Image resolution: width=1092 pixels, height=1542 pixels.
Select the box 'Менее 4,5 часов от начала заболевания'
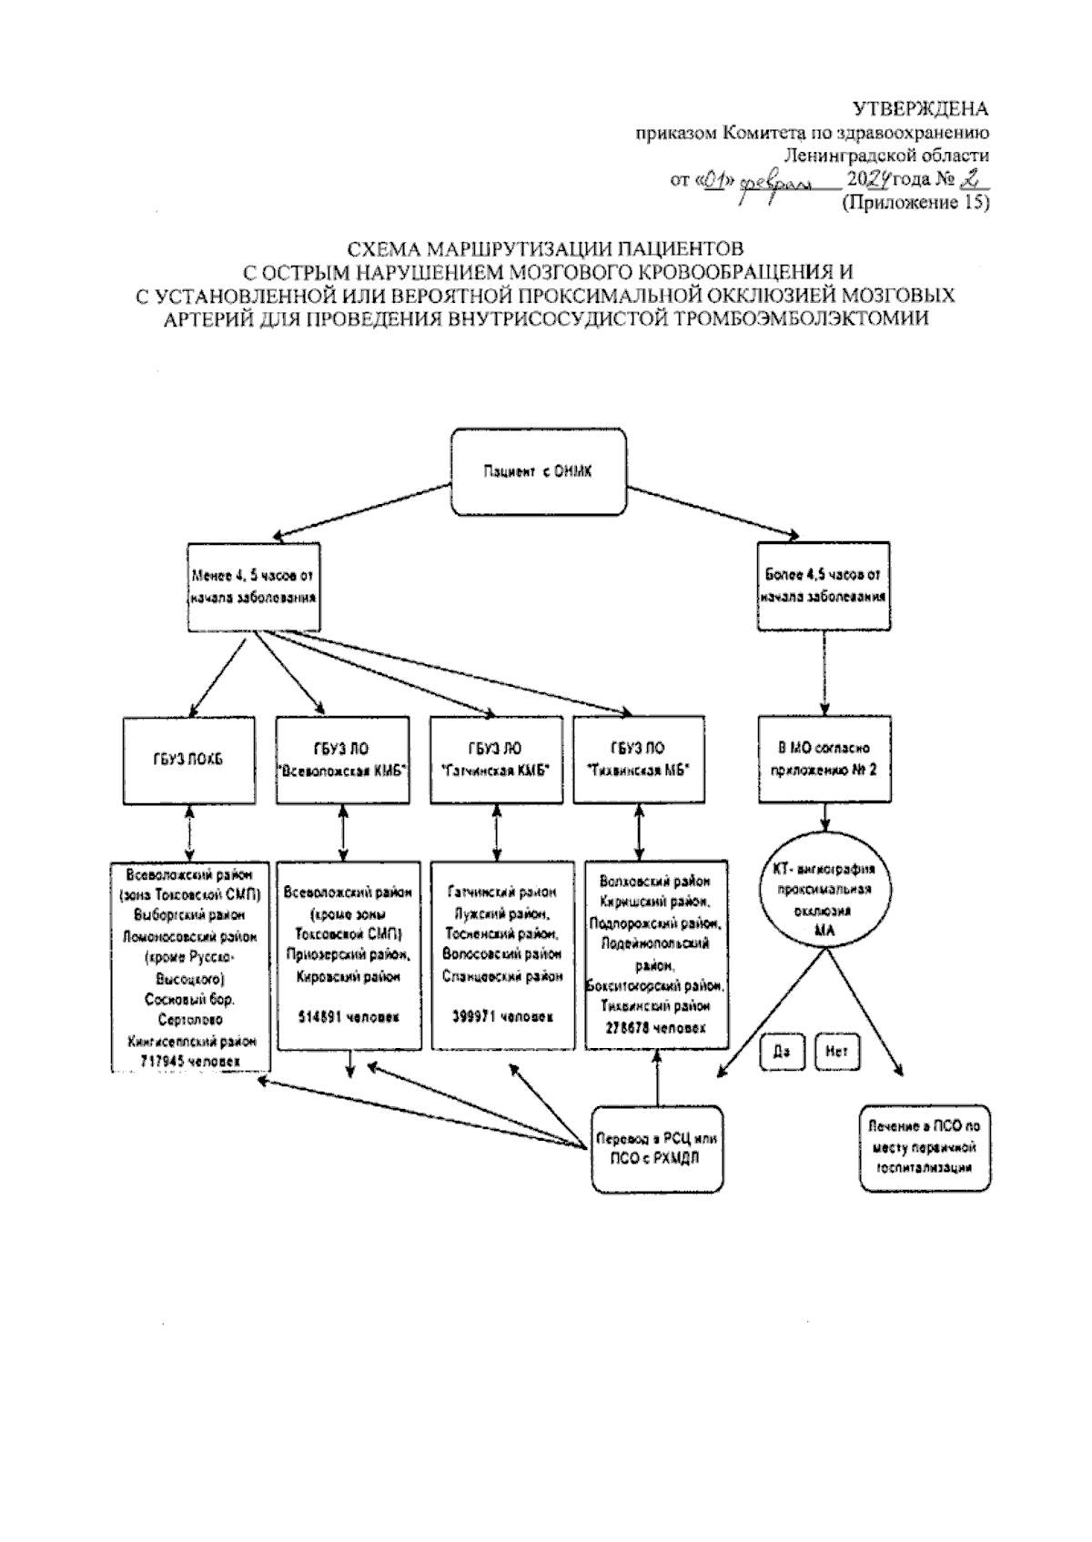click(x=254, y=587)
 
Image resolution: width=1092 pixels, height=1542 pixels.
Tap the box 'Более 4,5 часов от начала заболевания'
click(x=824, y=587)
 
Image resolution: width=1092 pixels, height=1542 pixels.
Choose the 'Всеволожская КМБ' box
click(x=342, y=760)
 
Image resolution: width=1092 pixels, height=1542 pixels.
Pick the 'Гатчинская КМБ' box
click(x=494, y=760)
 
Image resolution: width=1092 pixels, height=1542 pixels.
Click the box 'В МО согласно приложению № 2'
click(x=824, y=760)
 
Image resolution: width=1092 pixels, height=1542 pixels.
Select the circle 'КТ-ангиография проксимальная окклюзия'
click(x=824, y=901)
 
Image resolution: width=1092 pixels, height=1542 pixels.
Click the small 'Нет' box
click(x=836, y=1052)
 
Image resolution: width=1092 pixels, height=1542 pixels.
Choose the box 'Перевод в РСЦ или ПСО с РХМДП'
click(x=657, y=1148)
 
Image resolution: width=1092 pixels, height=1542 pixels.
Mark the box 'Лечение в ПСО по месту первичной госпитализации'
click(x=925, y=1148)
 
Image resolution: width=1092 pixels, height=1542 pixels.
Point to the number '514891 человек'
click(x=342, y=1017)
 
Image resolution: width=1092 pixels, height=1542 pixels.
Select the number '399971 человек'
click(x=502, y=1017)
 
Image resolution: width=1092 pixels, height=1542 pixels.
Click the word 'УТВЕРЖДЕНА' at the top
click(x=920, y=110)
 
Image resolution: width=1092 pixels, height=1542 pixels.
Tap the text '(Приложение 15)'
click(x=915, y=203)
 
